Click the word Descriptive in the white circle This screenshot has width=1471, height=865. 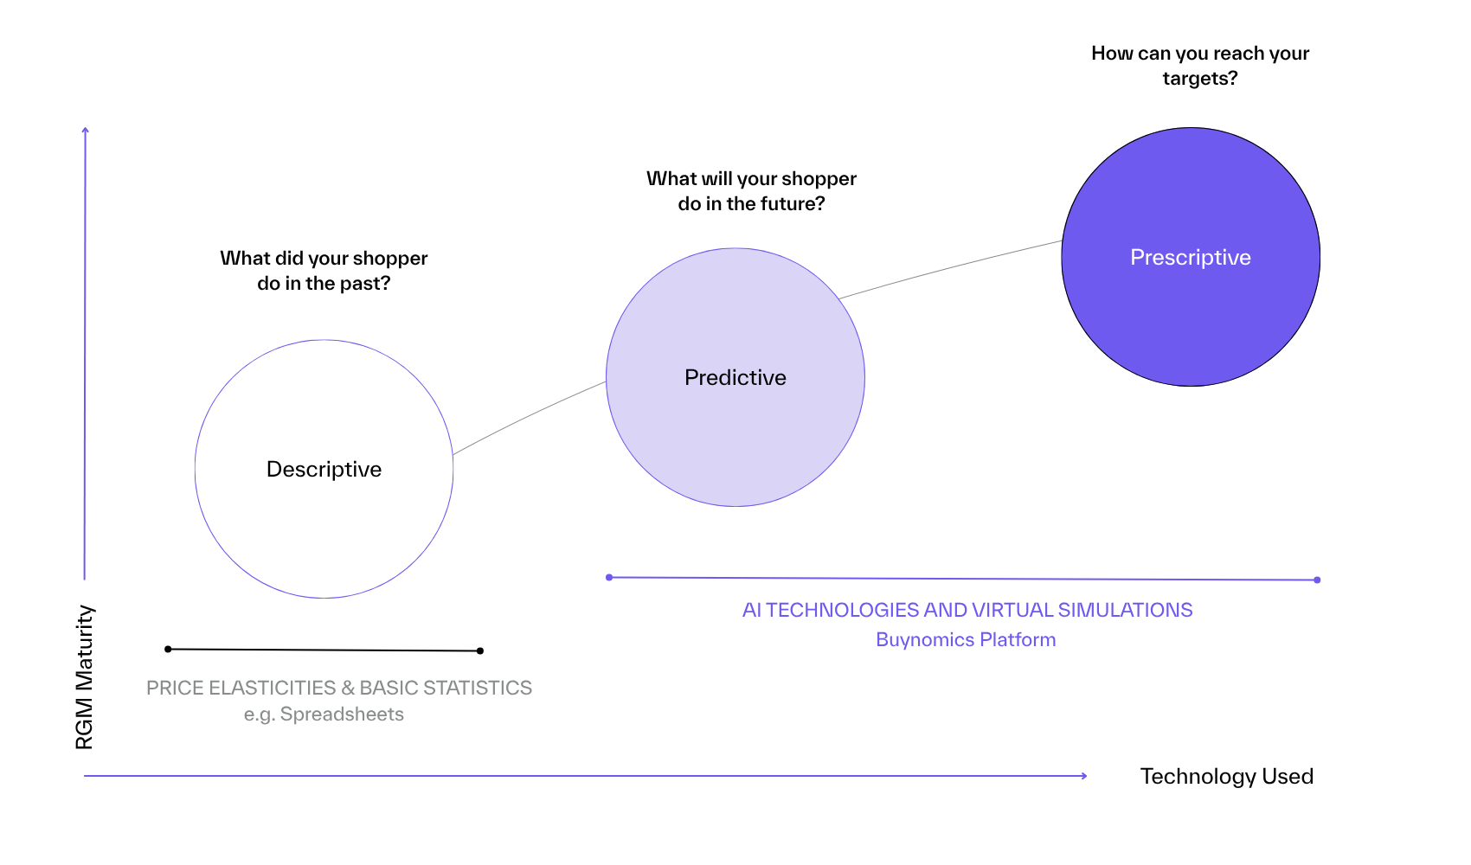tap(324, 469)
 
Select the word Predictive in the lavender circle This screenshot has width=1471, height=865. tap(735, 377)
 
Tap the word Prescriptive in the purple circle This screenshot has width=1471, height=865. tap(1190, 257)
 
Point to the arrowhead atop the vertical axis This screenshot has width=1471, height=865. tap(85, 131)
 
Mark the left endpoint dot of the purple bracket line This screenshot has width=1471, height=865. tap(610, 577)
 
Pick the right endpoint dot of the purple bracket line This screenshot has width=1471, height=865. tap(1317, 580)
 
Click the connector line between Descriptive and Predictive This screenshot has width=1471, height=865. tap(528, 416)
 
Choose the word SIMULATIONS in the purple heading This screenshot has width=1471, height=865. tap(1125, 610)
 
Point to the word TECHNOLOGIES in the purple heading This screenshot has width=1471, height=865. tap(842, 610)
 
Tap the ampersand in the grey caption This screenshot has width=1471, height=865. tap(348, 688)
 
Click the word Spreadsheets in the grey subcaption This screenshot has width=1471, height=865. tap(342, 714)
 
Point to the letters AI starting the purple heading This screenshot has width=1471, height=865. tap(751, 610)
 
